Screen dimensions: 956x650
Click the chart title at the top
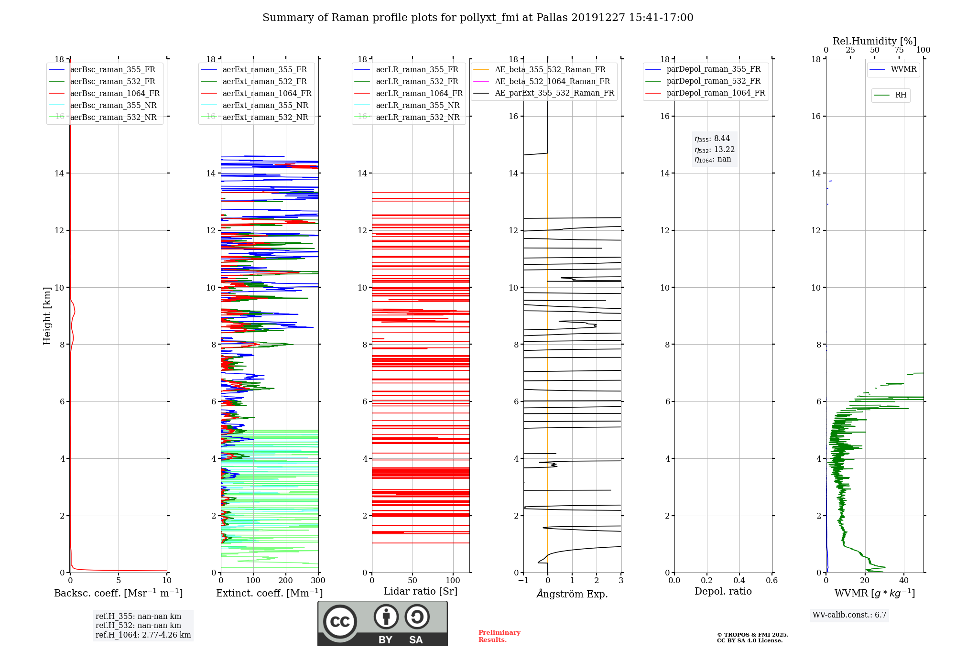click(478, 18)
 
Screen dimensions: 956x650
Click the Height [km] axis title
click(47, 316)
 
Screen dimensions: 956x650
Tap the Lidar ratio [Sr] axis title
click(421, 592)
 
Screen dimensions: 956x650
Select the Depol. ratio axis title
click(723, 592)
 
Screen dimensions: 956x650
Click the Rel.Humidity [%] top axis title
click(875, 41)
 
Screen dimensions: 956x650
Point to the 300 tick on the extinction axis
click(318, 581)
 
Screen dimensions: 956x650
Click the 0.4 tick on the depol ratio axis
click(739, 581)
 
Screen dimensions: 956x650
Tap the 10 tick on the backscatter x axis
click(167, 581)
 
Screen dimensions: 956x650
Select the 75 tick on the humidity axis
click(899, 50)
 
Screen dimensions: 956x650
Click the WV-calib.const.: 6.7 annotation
click(849, 615)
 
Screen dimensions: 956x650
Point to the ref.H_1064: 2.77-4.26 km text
click(143, 635)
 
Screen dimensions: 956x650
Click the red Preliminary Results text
click(500, 636)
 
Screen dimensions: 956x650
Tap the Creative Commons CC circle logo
click(340, 622)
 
